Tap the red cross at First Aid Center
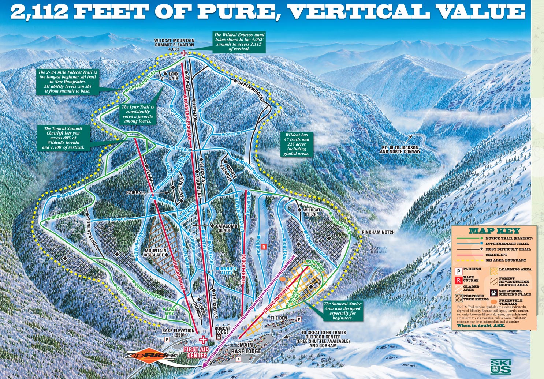[x=202, y=339]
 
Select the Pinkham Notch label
[x=378, y=232]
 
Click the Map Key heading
[x=494, y=231]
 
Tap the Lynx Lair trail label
[x=174, y=76]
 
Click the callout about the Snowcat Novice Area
[x=343, y=311]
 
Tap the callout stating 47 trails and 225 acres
[x=297, y=144]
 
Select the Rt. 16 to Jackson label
[x=400, y=149]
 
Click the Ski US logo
[x=500, y=366]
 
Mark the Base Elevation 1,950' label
[x=179, y=333]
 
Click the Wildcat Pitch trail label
[x=312, y=212]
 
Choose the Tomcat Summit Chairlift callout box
[x=63, y=138]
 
